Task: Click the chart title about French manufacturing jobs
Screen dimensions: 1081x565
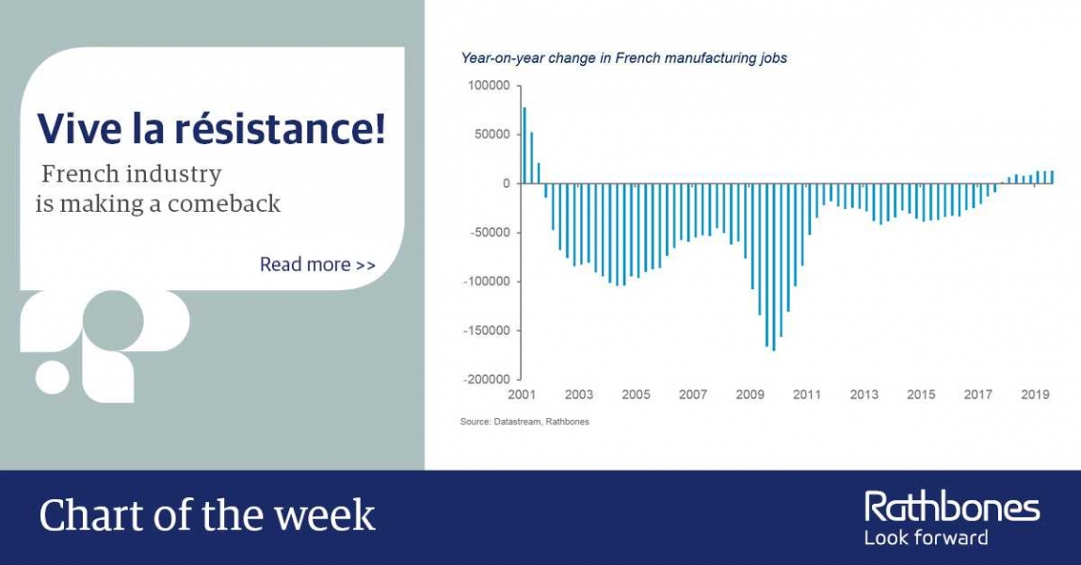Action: click(x=624, y=58)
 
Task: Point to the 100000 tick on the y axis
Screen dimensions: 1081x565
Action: click(x=489, y=86)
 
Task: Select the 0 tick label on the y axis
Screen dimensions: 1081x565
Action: click(x=507, y=184)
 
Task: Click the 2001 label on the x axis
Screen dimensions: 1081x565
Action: click(x=522, y=395)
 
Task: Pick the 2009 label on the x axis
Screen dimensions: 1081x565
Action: click(x=750, y=395)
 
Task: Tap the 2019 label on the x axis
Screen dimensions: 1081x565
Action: click(x=1036, y=395)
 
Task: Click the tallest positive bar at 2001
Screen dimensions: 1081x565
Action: click(x=524, y=145)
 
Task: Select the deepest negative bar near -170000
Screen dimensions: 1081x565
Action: click(x=774, y=267)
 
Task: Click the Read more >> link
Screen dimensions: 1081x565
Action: click(x=317, y=265)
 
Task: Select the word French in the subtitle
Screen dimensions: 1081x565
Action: click(x=79, y=173)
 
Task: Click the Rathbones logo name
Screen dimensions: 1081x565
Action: click(x=952, y=508)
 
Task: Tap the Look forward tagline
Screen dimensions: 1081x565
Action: click(x=927, y=538)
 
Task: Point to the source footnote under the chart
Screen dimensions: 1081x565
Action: click(x=524, y=422)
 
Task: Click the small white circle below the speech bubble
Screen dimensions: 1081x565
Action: click(x=53, y=377)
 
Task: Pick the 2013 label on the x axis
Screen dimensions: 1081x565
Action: click(x=863, y=395)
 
